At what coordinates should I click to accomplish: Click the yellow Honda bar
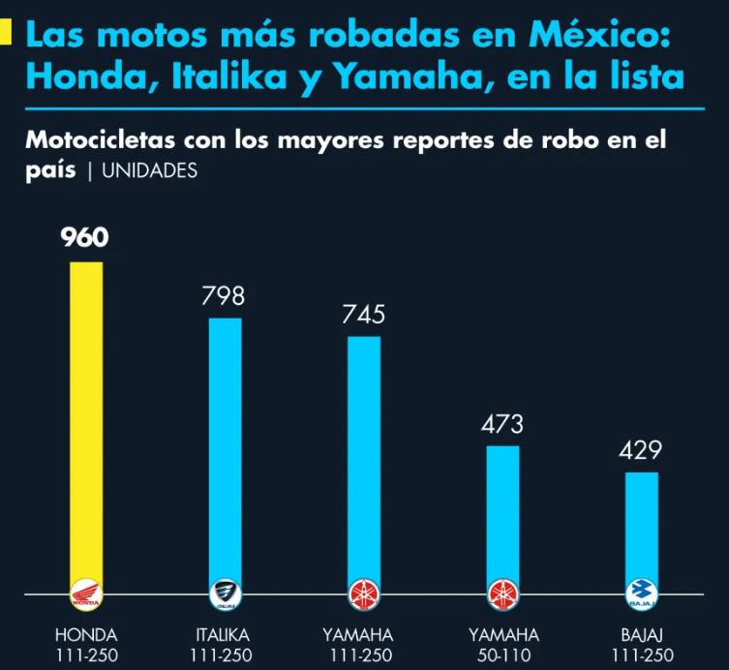[86, 416]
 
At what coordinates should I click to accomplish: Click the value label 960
[86, 237]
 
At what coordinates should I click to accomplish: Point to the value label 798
[224, 295]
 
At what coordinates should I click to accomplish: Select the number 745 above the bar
[364, 315]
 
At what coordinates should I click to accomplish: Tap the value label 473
[502, 424]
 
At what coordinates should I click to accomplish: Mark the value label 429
[642, 450]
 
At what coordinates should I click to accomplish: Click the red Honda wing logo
[86, 594]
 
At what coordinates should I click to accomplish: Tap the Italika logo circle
[226, 594]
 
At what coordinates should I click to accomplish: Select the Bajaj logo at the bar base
[642, 594]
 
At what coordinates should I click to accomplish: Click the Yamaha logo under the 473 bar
[502, 594]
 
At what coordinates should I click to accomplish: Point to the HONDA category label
[86, 635]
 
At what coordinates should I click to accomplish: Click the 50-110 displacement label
[502, 655]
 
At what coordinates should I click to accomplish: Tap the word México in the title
[597, 36]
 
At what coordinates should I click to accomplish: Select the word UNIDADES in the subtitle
[149, 170]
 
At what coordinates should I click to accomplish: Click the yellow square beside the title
[6, 36]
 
